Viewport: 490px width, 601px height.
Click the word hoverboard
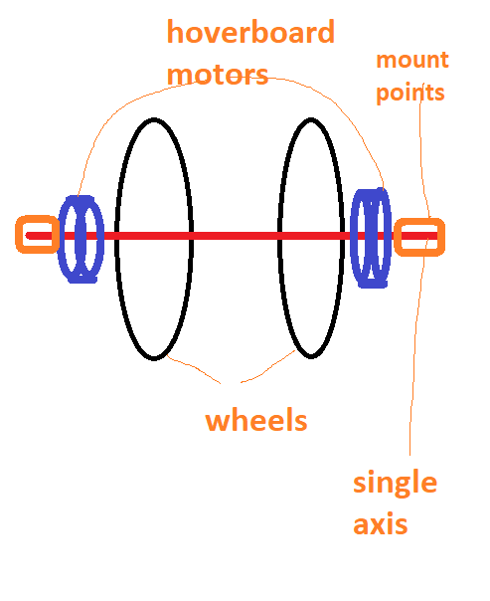coord(250,32)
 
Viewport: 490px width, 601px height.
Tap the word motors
coord(218,75)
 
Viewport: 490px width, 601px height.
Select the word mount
coord(412,60)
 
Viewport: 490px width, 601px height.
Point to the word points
coord(410,94)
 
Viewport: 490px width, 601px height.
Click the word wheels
coord(256,420)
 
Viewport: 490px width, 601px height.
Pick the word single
coord(395,483)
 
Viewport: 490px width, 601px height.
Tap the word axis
coord(380,524)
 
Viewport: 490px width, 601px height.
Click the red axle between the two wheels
coord(235,236)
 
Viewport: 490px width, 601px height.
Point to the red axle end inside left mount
coord(28,236)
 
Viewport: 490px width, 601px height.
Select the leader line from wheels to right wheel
coord(268,367)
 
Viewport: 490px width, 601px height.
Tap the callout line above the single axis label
coord(415,345)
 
